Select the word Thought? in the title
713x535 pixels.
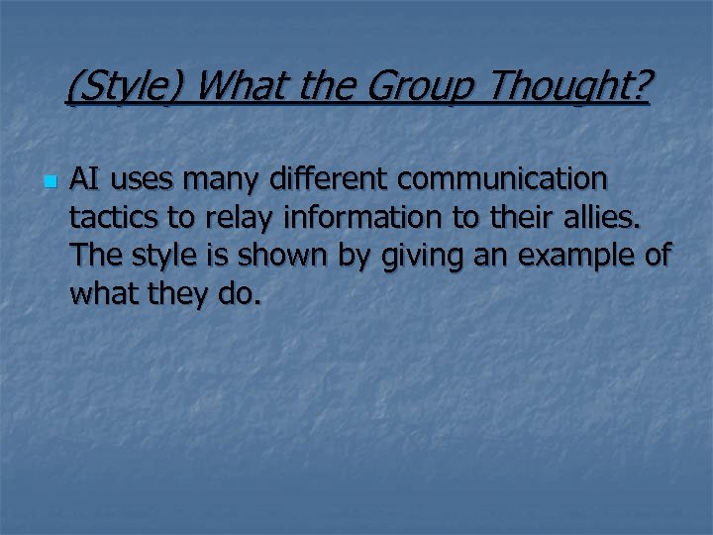click(x=568, y=91)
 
